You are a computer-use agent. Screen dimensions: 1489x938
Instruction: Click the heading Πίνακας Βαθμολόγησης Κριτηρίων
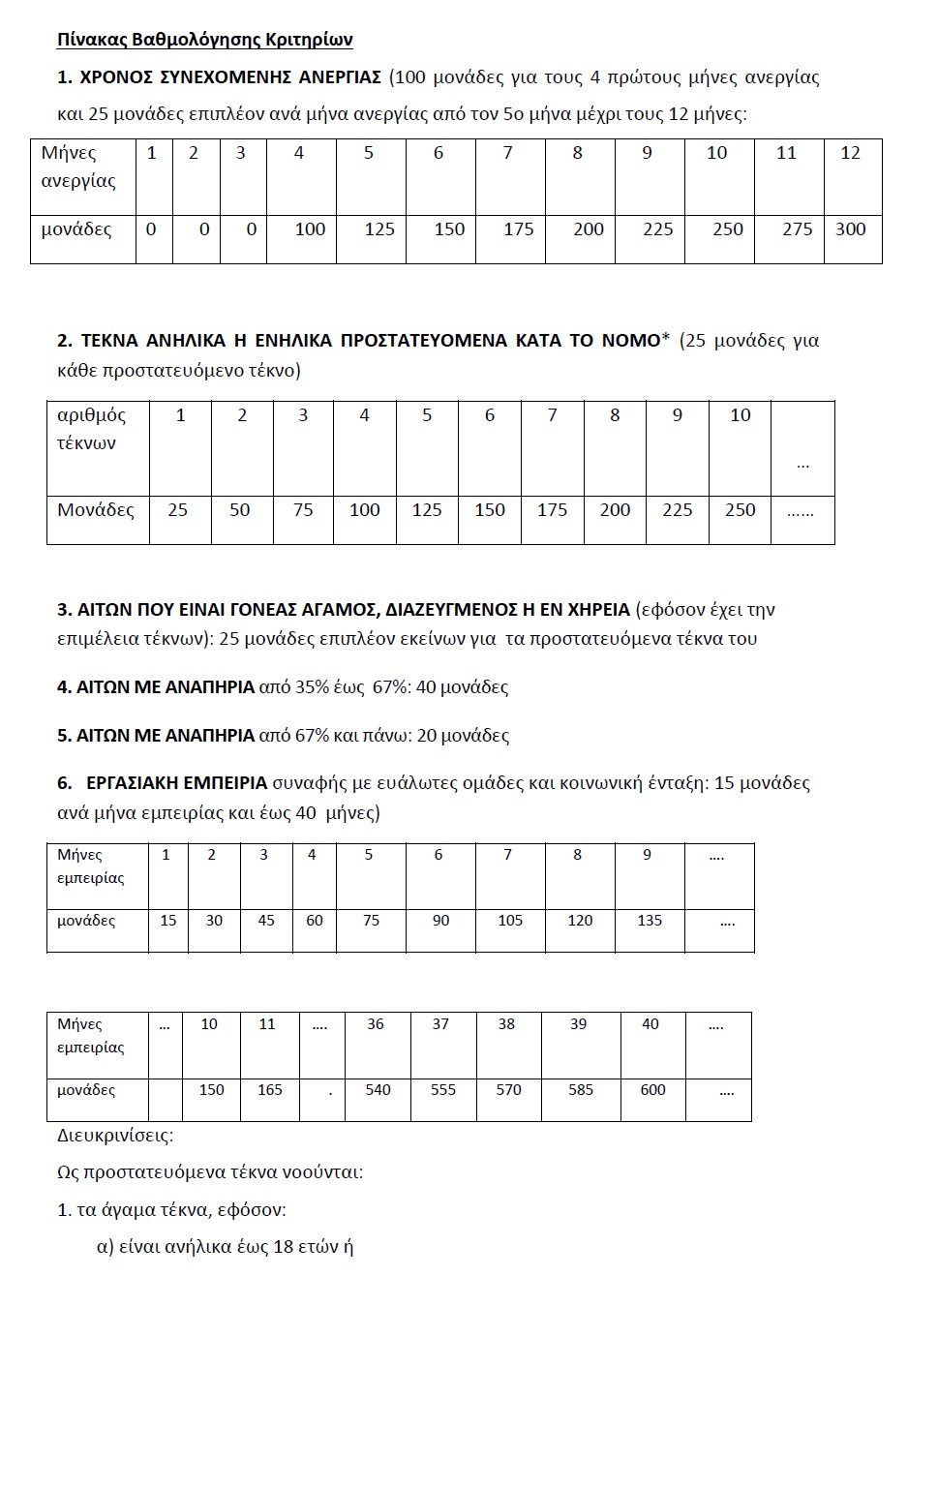click(204, 40)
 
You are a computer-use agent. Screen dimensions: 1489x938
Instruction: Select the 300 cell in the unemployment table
click(851, 229)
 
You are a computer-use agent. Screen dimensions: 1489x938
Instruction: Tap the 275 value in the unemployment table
click(797, 229)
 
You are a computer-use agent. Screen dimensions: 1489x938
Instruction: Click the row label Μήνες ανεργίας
click(78, 167)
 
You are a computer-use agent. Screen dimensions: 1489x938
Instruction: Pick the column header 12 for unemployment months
click(850, 153)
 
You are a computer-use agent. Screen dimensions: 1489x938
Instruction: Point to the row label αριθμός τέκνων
click(91, 429)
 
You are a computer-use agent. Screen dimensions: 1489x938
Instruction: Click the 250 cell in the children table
click(740, 510)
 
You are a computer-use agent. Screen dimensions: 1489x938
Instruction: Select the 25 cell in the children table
click(178, 510)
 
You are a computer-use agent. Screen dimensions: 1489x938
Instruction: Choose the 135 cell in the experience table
click(650, 921)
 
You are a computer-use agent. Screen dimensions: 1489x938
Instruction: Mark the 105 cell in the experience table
click(510, 921)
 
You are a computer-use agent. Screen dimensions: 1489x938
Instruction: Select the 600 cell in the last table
click(653, 1090)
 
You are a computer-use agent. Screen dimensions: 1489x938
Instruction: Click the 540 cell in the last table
click(378, 1090)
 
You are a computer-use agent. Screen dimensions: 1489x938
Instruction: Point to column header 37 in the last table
click(440, 1024)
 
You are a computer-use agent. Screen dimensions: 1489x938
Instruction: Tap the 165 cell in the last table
click(270, 1090)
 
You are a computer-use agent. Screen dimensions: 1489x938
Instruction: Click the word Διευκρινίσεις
click(115, 1135)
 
